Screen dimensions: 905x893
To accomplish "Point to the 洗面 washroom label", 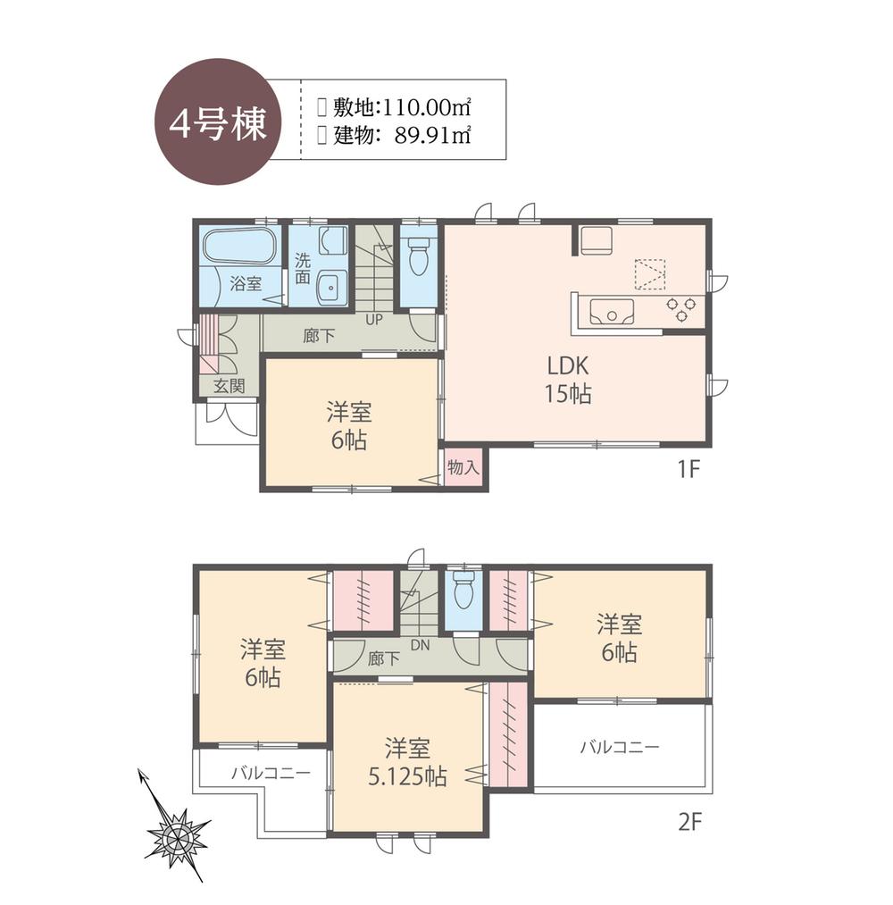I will click(303, 270).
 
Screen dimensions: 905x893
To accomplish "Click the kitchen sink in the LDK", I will click(611, 311).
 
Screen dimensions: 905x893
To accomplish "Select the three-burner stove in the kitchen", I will click(680, 308).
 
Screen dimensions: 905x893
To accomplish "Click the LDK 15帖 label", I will click(570, 379).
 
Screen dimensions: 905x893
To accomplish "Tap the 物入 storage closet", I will click(463, 467).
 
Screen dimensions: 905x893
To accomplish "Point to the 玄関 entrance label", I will click(229, 386).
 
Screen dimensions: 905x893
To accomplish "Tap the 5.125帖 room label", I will click(408, 761).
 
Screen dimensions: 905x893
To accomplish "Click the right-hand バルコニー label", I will click(619, 746).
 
